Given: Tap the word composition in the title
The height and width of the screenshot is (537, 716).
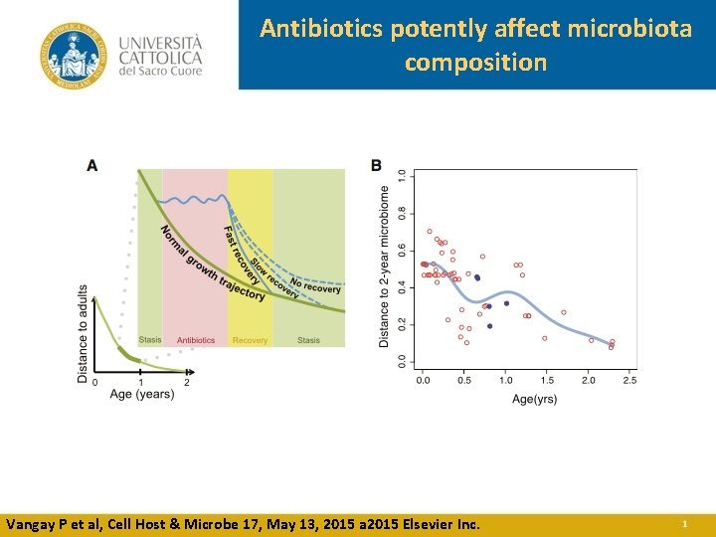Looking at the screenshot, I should click(x=475, y=62).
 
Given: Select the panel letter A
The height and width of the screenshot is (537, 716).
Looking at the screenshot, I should click(x=91, y=165).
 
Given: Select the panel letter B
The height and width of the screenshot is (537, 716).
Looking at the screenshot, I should click(x=376, y=165).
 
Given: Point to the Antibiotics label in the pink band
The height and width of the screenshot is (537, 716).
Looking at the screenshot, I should click(x=196, y=340).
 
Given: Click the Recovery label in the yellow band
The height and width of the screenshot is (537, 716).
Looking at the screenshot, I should click(x=250, y=340).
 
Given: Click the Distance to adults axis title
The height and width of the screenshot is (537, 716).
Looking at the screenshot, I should click(x=83, y=333).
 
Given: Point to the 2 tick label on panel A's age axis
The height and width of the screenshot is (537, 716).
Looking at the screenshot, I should click(x=187, y=382).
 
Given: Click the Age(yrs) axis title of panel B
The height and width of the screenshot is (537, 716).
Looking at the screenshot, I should click(x=534, y=398).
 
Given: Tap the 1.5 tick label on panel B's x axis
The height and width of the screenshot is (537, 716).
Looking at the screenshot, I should click(x=547, y=380).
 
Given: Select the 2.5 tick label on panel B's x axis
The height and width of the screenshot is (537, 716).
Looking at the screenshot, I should click(x=629, y=380).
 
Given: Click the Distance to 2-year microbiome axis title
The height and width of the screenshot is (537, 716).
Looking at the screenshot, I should click(x=385, y=267).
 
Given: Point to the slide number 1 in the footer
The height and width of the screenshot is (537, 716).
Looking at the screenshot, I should click(x=684, y=523).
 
